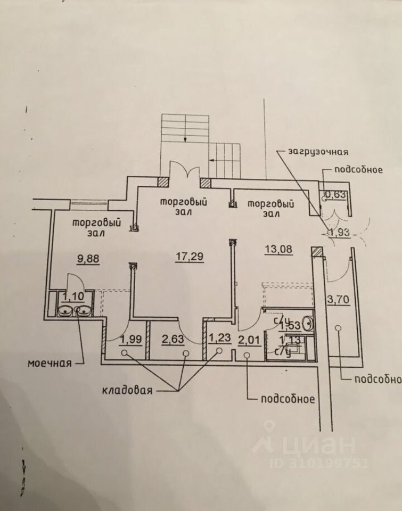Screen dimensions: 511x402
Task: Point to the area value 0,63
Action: [x=335, y=194]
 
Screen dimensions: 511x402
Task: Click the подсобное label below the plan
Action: [x=288, y=399]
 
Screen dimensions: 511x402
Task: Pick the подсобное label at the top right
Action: [x=358, y=170]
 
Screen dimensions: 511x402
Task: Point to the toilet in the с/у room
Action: [x=306, y=323]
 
